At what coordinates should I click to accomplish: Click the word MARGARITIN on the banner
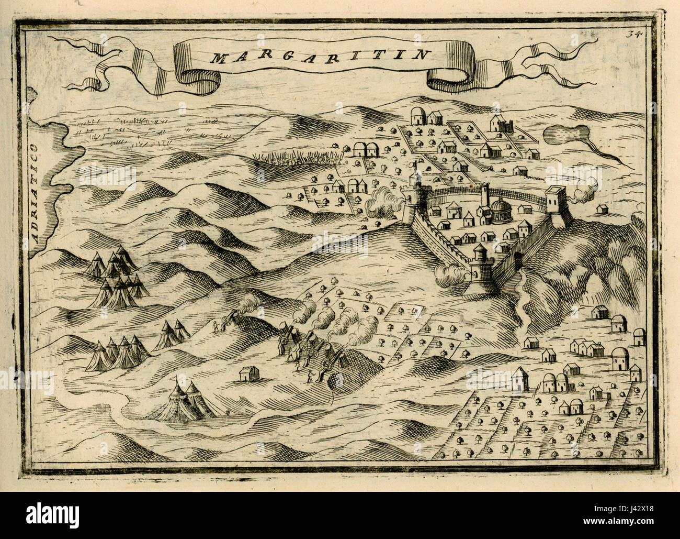(321, 56)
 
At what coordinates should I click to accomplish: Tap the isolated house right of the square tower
(603, 209)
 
